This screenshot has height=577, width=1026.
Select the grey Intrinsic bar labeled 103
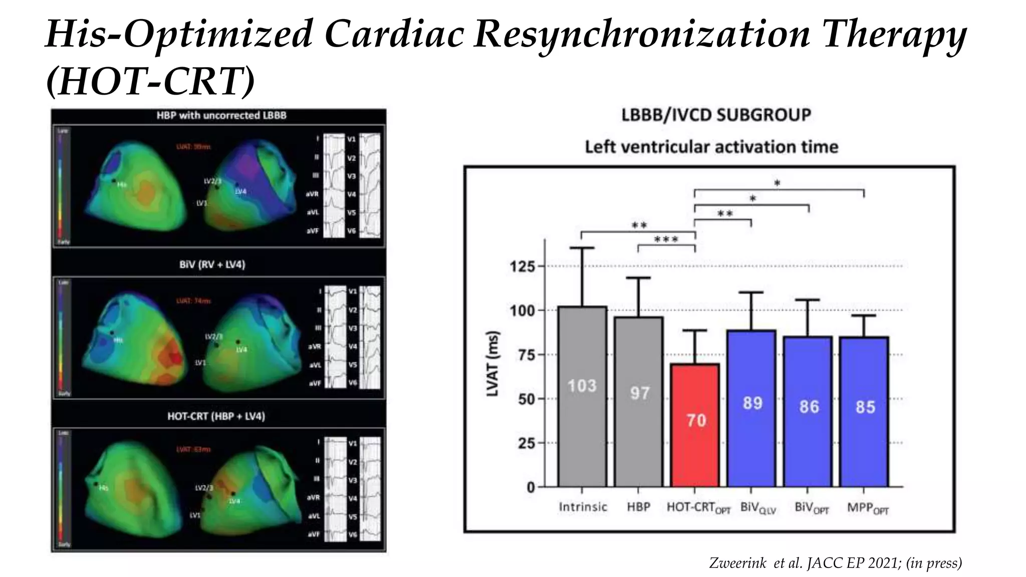click(582, 396)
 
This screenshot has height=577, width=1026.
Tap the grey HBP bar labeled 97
click(639, 401)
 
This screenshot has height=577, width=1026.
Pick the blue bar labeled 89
click(751, 408)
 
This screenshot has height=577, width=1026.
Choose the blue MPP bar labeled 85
click(864, 411)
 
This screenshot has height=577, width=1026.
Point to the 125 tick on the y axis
click(523, 266)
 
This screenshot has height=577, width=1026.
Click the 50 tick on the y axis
click(527, 399)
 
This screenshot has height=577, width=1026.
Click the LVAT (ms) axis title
click(493, 363)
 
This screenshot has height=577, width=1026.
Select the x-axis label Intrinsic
click(583, 507)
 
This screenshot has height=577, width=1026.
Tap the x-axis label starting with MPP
click(868, 508)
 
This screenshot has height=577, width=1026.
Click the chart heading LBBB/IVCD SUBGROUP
click(716, 115)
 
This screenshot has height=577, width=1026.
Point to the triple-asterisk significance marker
click(666, 240)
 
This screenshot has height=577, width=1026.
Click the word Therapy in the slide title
click(894, 34)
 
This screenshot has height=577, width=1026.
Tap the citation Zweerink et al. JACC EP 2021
click(835, 563)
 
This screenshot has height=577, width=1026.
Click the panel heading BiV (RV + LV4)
click(212, 264)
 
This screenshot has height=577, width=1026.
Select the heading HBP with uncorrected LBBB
click(221, 115)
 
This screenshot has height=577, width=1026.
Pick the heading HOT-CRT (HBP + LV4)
click(216, 416)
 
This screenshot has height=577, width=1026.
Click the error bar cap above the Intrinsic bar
click(582, 248)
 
